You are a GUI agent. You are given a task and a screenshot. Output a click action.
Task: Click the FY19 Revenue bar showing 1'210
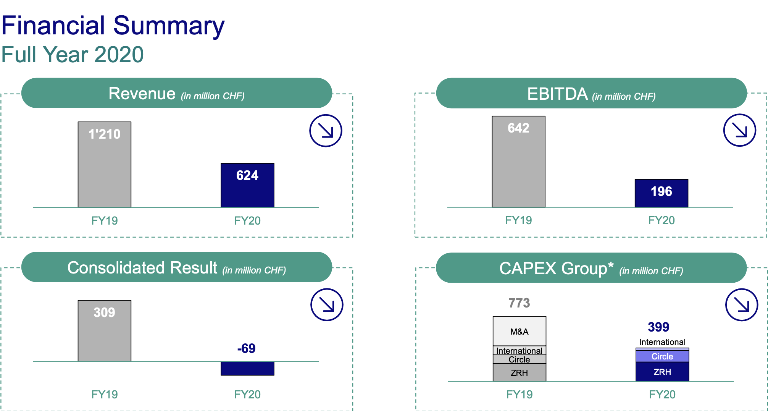(x=105, y=165)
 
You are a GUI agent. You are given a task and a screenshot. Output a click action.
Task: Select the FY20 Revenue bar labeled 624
(x=247, y=185)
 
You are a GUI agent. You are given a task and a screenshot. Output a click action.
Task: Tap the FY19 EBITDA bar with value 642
(x=518, y=162)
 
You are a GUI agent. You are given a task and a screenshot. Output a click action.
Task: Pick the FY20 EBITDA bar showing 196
(x=662, y=193)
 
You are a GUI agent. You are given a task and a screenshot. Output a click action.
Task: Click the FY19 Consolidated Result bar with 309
(x=105, y=331)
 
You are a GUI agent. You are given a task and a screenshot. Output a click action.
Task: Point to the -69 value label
(x=247, y=348)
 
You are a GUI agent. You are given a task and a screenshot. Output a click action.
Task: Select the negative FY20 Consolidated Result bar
(x=247, y=369)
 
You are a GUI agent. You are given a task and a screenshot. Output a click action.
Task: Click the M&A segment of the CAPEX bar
(x=520, y=331)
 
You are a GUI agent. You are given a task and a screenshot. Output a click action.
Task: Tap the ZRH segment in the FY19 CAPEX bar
(x=520, y=372)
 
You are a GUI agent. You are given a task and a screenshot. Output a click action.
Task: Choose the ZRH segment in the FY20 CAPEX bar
(x=662, y=372)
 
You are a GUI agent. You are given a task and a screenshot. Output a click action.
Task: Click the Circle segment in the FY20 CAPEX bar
(x=662, y=356)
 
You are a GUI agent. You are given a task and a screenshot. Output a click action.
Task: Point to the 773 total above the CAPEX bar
(x=519, y=303)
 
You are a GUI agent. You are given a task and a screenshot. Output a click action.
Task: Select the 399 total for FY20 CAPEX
(x=658, y=327)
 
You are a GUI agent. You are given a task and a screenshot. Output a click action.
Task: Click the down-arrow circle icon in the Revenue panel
(x=326, y=131)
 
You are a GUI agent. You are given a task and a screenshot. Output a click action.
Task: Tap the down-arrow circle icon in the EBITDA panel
(x=740, y=130)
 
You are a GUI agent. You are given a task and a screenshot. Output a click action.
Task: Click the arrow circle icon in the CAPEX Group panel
(x=742, y=305)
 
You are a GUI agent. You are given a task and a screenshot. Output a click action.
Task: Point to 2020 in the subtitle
(x=119, y=55)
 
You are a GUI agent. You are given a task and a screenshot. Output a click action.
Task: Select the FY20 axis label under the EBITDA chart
(x=662, y=220)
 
